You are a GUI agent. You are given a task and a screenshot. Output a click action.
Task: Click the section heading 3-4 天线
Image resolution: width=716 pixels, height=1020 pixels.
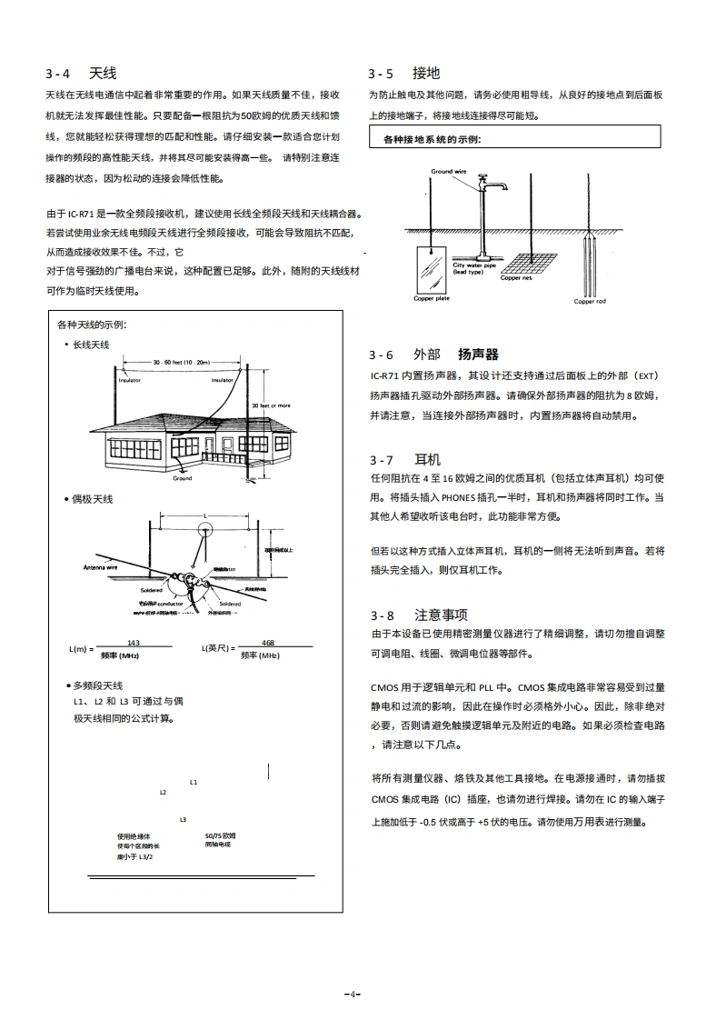(81, 73)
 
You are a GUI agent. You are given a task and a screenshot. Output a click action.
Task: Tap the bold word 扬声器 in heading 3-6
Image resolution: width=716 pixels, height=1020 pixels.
(478, 355)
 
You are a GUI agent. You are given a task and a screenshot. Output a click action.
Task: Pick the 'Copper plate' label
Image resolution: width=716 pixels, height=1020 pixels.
(431, 298)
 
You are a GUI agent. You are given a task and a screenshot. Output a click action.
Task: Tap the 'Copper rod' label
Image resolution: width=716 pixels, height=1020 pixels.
(589, 302)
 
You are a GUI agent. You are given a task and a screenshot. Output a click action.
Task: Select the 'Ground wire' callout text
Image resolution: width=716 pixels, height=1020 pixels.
(448, 171)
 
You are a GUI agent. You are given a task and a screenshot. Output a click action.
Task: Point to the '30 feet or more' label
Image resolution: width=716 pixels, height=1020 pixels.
(271, 405)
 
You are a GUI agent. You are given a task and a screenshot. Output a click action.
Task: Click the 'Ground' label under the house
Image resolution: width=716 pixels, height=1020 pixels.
(182, 477)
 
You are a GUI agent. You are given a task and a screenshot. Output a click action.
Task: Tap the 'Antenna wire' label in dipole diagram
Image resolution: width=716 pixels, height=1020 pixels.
(101, 566)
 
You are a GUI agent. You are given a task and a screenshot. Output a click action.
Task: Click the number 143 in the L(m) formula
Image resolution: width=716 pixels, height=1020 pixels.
(133, 642)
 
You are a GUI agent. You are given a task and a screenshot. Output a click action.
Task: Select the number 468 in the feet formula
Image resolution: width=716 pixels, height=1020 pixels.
(268, 642)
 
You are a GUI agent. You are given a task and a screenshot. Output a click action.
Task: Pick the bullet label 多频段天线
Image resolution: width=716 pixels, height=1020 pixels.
(97, 685)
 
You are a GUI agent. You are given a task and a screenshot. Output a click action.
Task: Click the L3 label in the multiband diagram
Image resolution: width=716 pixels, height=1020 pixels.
(183, 819)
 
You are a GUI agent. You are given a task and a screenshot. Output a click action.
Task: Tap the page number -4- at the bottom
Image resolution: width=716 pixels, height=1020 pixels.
(353, 993)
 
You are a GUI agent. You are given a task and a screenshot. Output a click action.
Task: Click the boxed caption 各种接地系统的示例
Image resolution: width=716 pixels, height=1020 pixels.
(432, 139)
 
